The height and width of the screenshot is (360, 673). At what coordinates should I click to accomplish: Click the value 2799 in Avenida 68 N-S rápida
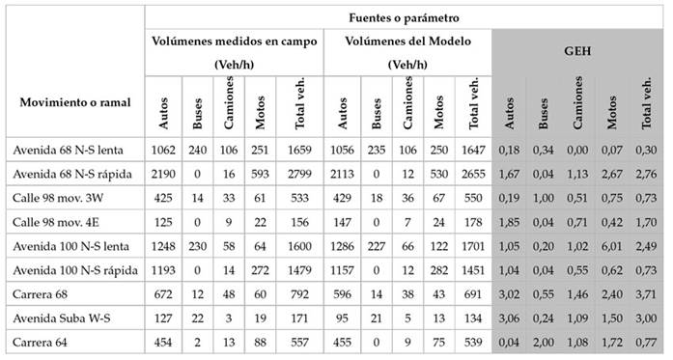[x=294, y=173]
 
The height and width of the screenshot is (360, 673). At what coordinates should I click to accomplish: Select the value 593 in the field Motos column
[x=258, y=173]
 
